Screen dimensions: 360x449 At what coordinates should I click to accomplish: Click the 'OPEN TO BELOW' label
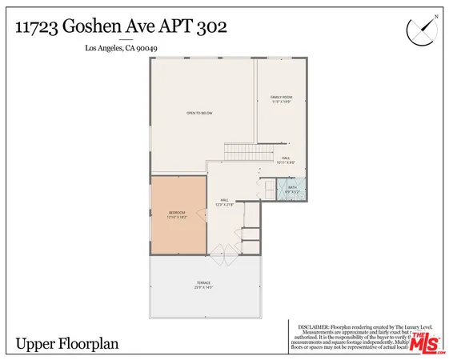199,113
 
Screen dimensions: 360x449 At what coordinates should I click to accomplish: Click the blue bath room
292,190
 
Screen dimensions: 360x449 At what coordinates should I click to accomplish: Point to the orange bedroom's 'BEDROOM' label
178,212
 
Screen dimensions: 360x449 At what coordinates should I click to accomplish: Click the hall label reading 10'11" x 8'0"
286,162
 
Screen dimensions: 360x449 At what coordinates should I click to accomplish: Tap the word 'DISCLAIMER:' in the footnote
313,327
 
